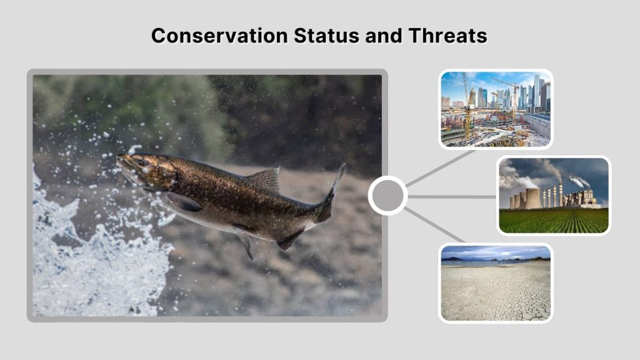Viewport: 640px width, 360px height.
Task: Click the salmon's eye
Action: pos(142,163)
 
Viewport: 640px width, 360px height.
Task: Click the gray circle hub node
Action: pos(387,196)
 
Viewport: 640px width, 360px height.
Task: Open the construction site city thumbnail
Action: pos(496,109)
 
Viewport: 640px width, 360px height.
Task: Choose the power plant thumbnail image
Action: pos(554,195)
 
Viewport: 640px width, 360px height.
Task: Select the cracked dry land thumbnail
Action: pos(496,283)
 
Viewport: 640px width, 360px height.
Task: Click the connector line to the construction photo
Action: pos(441,167)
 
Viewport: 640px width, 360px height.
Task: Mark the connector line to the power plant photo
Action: pos(452,196)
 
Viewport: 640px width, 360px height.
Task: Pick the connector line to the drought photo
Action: pos(436,226)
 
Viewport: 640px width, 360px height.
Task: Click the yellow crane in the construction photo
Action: pos(466,106)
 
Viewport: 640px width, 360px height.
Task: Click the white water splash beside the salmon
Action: pos(62,250)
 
